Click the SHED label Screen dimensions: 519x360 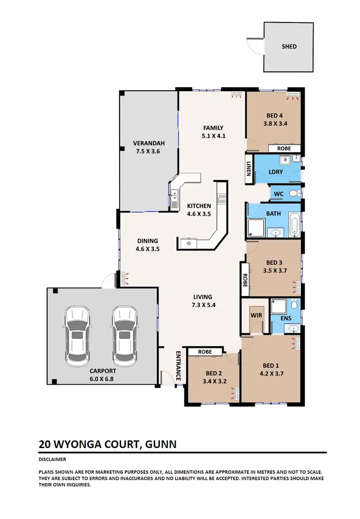[x=289, y=47]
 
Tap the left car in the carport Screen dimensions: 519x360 [x=77, y=334]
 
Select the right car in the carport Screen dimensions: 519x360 [x=124, y=334]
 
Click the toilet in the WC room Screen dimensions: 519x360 [x=298, y=193]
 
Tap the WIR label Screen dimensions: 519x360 [x=254, y=316]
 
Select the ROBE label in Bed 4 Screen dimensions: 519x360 [x=284, y=149]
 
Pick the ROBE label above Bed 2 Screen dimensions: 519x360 [x=205, y=352]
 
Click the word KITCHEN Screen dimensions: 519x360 [x=199, y=206]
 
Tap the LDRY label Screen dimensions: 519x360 [x=276, y=172]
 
